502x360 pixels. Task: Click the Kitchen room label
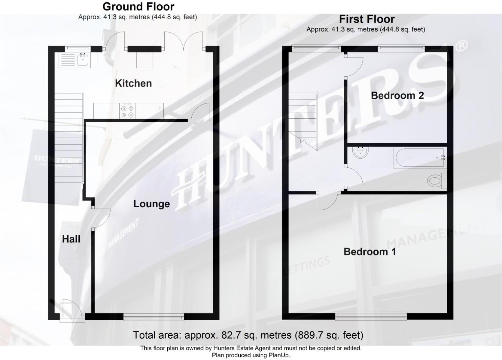click(133, 83)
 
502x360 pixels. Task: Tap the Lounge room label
click(151, 204)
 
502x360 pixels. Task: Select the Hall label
click(71, 239)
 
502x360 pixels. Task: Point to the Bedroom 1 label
click(369, 252)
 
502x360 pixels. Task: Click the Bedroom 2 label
click(397, 95)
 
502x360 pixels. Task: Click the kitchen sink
click(82, 60)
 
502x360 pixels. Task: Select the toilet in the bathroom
click(436, 181)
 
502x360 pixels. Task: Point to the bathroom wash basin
click(360, 152)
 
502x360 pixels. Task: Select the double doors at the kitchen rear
click(184, 42)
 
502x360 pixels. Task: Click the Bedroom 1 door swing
click(328, 201)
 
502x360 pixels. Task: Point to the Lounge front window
click(153, 317)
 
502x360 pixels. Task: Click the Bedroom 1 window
click(371, 317)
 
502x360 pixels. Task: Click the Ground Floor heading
click(138, 6)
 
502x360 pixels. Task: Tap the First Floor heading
click(367, 19)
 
